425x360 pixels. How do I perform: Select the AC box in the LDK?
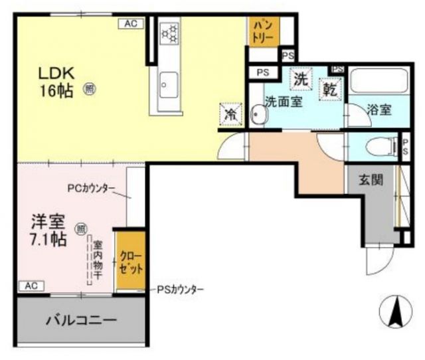(x=130, y=23)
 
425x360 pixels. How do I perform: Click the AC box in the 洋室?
(x=31, y=286)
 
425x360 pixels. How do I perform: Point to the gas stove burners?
(x=171, y=33)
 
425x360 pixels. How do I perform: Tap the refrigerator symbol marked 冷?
(x=230, y=114)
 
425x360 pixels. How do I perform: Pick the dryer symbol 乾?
(x=329, y=88)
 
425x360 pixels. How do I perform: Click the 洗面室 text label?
(x=285, y=103)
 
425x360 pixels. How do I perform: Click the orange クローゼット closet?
(x=131, y=262)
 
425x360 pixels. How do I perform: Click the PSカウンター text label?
(x=181, y=290)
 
